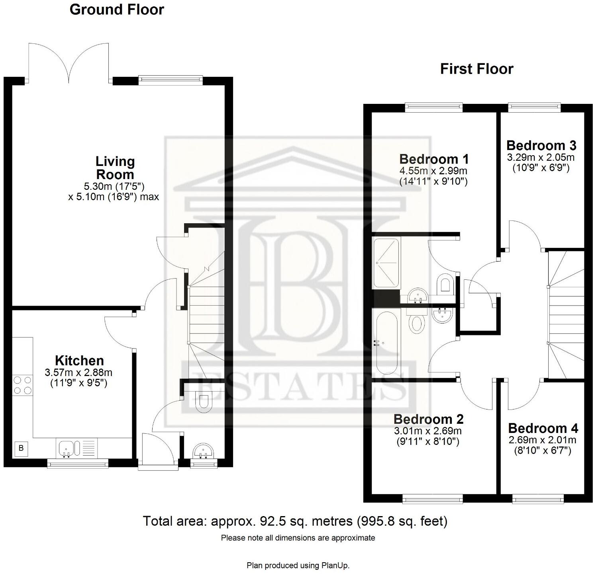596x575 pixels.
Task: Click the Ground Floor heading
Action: pyautogui.click(x=116, y=10)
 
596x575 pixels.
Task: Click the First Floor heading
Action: pyautogui.click(x=476, y=69)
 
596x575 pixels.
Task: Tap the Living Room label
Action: pyautogui.click(x=115, y=168)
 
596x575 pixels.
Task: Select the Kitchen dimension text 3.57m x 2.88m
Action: pyautogui.click(x=79, y=373)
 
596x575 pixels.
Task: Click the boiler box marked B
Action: pyautogui.click(x=22, y=448)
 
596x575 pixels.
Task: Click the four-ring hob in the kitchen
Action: pyautogui.click(x=22, y=385)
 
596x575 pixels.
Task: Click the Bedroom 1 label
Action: pyautogui.click(x=434, y=159)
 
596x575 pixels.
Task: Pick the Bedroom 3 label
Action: pyautogui.click(x=541, y=145)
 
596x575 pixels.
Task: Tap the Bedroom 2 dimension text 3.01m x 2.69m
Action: pyautogui.click(x=428, y=431)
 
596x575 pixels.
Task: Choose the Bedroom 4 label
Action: pyautogui.click(x=543, y=428)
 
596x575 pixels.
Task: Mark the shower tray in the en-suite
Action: pyautogui.click(x=386, y=263)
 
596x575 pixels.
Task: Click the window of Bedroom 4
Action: pyautogui.click(x=537, y=498)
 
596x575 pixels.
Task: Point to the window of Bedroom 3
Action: pyautogui.click(x=534, y=106)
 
